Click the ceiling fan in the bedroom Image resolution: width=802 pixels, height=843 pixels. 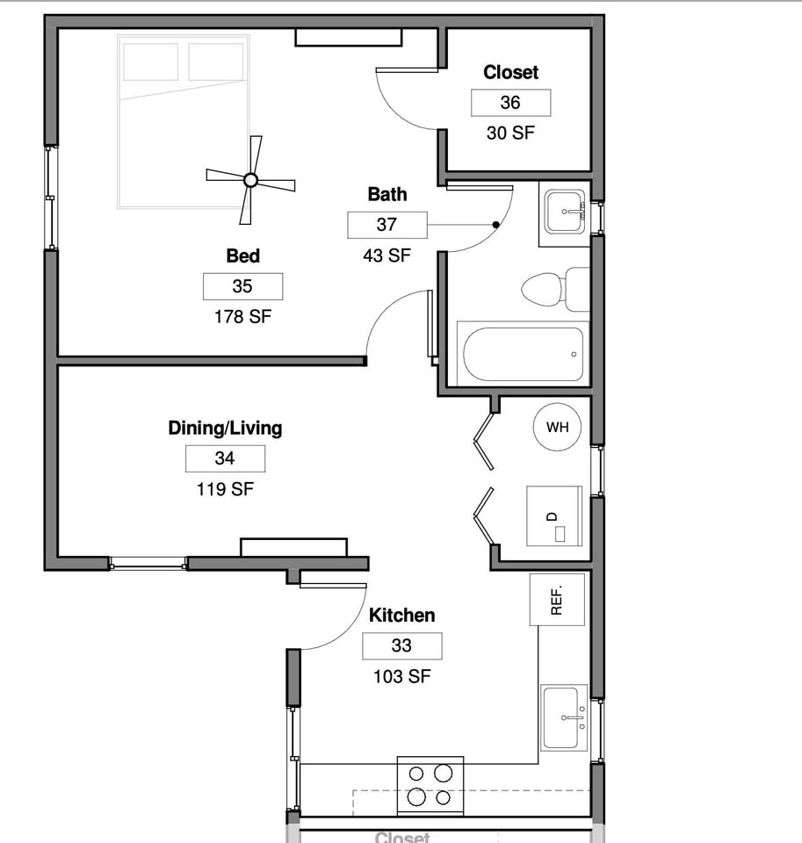tap(250, 180)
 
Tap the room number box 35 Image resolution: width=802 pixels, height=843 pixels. tap(242, 286)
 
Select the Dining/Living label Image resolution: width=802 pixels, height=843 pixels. tap(225, 428)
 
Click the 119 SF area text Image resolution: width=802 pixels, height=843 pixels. tap(225, 489)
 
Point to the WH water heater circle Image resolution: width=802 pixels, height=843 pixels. tap(557, 427)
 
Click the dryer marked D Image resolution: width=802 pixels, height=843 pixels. tap(554, 516)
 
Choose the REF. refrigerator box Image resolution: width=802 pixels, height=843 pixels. tap(557, 600)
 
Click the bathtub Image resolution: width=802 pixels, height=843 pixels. tap(523, 354)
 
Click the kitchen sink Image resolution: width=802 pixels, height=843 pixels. tap(564, 717)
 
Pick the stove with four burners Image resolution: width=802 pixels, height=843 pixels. tap(430, 785)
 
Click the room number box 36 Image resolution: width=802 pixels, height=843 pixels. tap(510, 103)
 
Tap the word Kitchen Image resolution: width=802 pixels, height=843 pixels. tap(401, 615)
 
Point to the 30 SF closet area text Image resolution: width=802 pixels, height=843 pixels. tap(510, 133)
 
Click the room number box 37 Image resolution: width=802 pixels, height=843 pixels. tap(387, 225)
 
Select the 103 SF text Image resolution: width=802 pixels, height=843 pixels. tap(401, 676)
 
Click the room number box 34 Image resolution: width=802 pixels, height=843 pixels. tap(225, 458)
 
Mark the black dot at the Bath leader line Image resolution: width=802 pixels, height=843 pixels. tap(496, 225)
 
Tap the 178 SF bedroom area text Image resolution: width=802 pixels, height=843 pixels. tap(242, 317)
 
